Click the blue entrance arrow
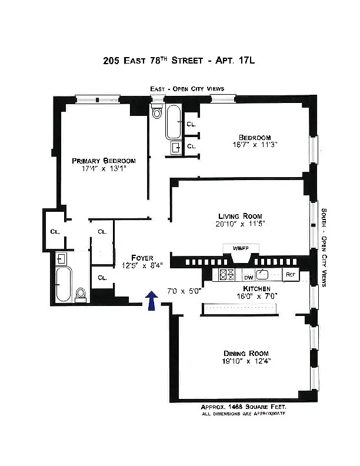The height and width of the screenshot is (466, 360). click(152, 300)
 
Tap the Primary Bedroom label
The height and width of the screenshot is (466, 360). click(104, 161)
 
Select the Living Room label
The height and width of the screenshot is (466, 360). click(240, 216)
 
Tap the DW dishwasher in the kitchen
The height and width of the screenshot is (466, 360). click(249, 275)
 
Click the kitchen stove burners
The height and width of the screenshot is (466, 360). click(226, 274)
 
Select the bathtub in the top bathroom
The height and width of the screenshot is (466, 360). click(174, 121)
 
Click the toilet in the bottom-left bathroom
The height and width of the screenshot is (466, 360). click(81, 293)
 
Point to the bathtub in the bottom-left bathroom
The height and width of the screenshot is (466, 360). click(64, 284)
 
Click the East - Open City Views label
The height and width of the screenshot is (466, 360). click(186, 89)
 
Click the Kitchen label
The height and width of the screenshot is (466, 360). click(258, 288)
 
